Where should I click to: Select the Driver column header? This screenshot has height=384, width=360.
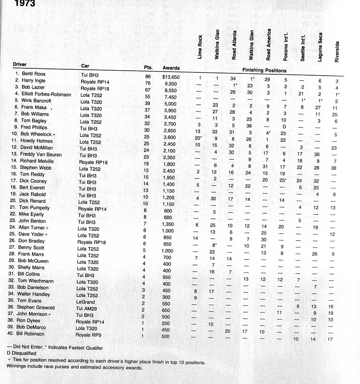click(20, 66)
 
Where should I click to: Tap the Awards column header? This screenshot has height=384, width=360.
click(171, 68)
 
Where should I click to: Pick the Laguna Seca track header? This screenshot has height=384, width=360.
click(320, 46)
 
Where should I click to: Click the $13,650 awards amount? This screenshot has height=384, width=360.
click(171, 77)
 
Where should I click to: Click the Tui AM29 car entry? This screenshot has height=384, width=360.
click(87, 309)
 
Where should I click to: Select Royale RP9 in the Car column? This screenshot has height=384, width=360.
click(88, 335)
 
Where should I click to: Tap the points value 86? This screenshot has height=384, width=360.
click(148, 77)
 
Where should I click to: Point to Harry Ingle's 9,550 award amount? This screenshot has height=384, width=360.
click(171, 84)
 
